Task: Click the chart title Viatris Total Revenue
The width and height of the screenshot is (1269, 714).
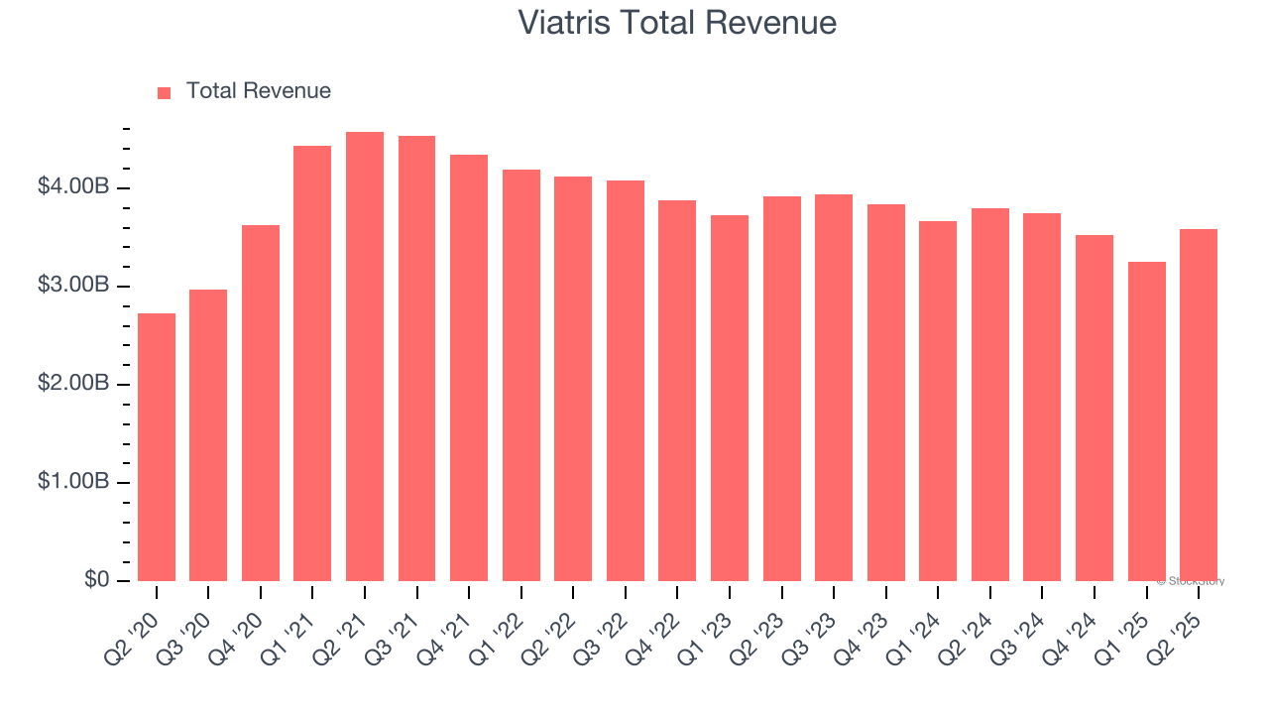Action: [x=677, y=23]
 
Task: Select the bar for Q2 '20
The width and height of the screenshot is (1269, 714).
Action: [x=157, y=447]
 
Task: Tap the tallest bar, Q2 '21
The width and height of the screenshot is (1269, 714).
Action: [x=365, y=357]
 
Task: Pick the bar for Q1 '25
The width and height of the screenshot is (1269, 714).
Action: [x=1146, y=421]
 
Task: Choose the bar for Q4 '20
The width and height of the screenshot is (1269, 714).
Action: [x=261, y=403]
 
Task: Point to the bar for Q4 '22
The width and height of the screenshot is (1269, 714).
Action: [x=677, y=391]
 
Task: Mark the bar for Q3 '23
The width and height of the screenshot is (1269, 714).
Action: [x=834, y=388]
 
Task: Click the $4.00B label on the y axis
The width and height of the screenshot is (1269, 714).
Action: [x=73, y=187]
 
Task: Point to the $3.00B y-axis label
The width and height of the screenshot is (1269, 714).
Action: [x=73, y=286]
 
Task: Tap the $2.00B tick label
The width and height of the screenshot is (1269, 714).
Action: [x=73, y=384]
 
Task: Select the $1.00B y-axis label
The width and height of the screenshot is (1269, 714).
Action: [x=73, y=482]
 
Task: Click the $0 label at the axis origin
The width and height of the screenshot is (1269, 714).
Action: [x=97, y=580]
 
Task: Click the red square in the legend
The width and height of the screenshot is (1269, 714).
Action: [x=165, y=93]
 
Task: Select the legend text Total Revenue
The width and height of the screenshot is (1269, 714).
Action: [x=259, y=91]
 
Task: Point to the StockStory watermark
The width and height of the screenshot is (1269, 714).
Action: [x=1191, y=581]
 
